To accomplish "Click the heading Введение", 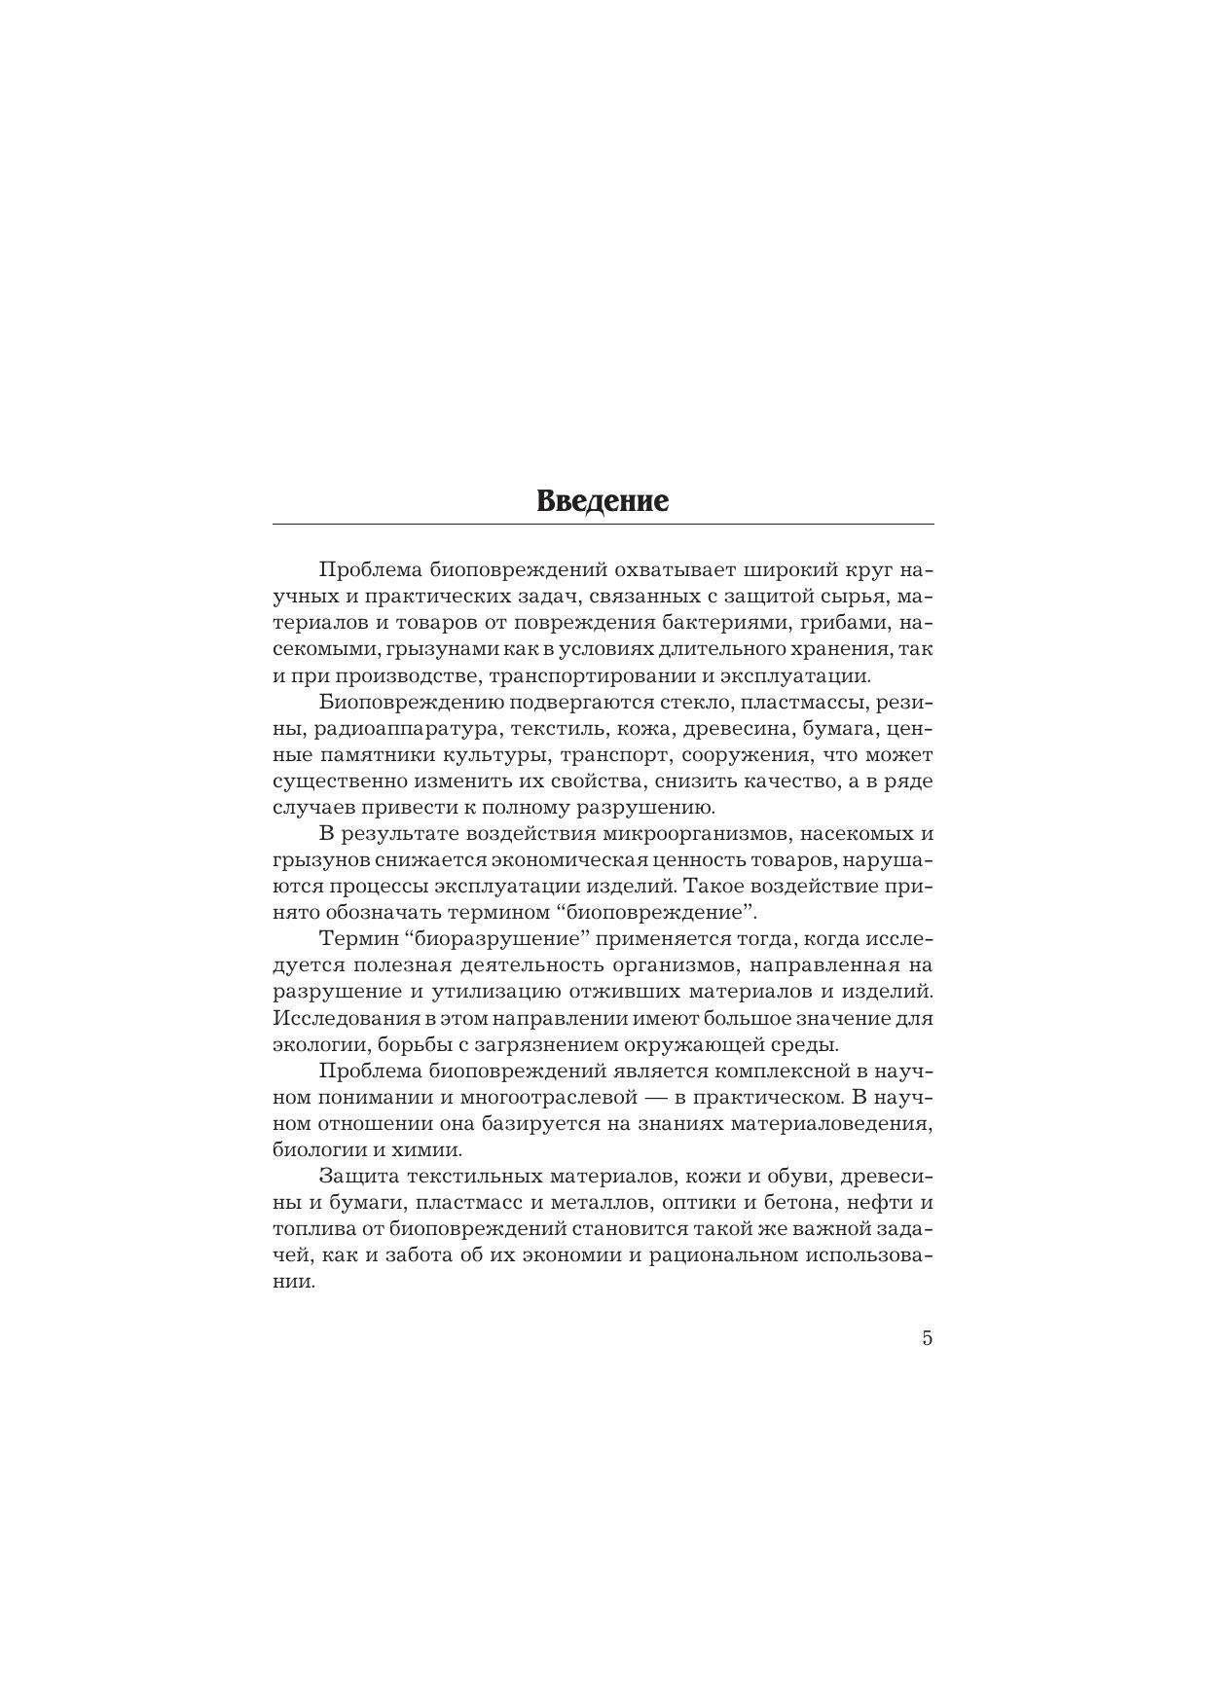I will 603,501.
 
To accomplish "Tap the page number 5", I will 927,1337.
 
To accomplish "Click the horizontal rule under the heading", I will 603,525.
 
